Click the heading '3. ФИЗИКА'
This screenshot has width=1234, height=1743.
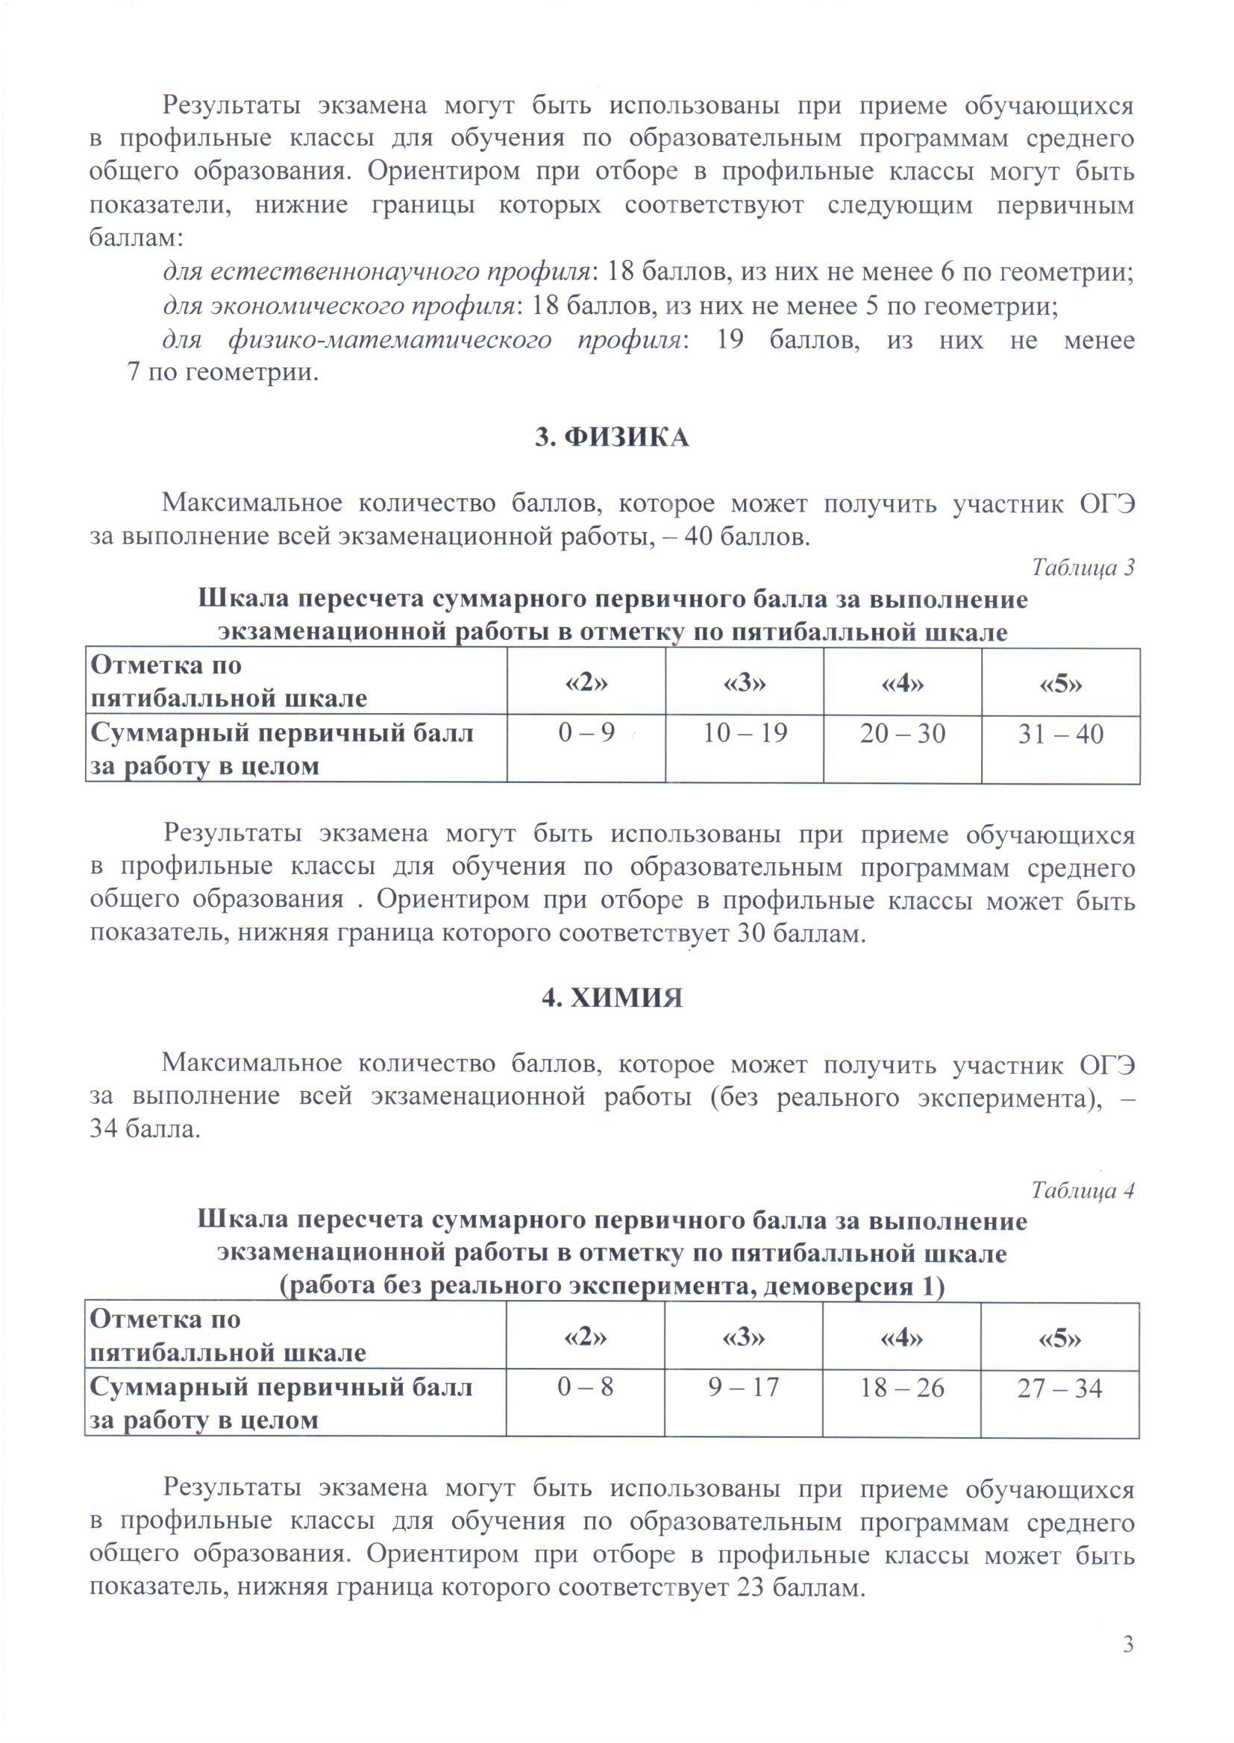point(612,438)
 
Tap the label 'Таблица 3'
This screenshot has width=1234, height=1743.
point(1083,568)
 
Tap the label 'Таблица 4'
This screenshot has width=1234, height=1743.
point(1082,1190)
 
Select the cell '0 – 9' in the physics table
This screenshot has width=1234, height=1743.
point(586,734)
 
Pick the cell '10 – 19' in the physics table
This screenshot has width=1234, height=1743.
point(745,734)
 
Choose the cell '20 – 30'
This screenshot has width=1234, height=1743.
point(903,734)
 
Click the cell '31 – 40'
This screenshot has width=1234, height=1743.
point(1061,735)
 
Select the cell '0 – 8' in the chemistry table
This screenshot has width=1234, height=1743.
point(585,1387)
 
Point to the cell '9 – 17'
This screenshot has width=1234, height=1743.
point(743,1387)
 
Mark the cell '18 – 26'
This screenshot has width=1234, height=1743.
point(902,1388)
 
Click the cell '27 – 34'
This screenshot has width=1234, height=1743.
point(1060,1389)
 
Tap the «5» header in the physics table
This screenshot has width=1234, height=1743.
point(1061,684)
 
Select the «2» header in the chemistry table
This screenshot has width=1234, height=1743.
point(585,1337)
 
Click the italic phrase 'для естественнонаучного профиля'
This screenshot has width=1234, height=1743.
point(377,273)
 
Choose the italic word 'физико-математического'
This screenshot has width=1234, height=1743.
point(389,339)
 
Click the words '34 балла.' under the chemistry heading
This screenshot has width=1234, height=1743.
point(145,1129)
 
